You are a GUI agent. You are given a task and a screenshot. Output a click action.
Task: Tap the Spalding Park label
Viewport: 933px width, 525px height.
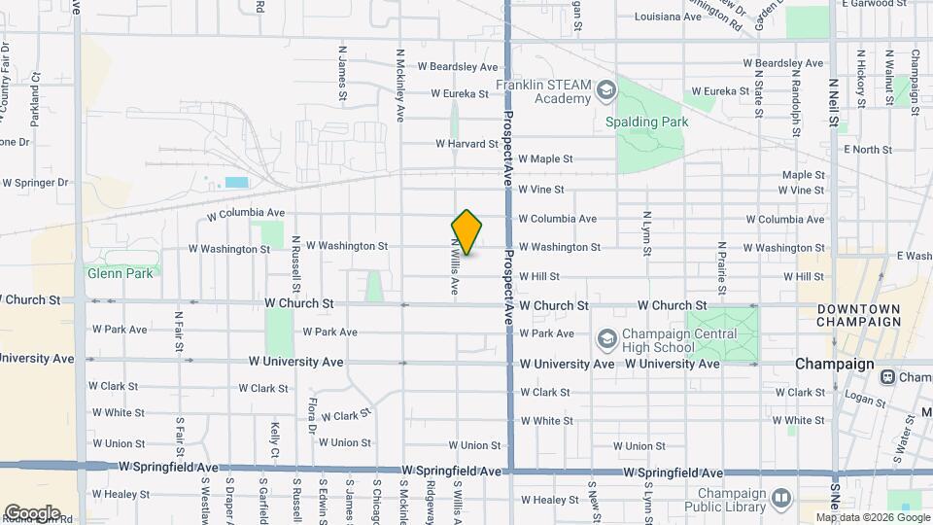coord(646,122)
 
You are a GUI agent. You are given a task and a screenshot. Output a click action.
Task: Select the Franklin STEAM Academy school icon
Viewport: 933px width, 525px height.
coord(606,91)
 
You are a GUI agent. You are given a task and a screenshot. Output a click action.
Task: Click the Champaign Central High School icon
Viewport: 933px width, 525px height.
coord(606,339)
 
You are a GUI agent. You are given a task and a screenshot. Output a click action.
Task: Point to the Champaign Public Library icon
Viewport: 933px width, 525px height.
coord(782,500)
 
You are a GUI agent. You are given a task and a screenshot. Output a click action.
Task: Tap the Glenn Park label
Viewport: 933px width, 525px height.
coord(120,274)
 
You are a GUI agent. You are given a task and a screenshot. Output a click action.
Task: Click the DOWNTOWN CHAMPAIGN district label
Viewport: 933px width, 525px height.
coord(858,315)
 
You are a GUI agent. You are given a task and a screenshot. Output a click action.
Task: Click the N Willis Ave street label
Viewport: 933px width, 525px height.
coord(454,265)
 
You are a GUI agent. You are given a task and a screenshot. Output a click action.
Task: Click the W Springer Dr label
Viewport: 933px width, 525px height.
coord(36,183)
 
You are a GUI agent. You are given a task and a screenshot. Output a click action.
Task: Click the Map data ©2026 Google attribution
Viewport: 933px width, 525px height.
coord(872,516)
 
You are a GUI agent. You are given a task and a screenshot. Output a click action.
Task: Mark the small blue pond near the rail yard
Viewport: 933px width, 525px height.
coord(236,182)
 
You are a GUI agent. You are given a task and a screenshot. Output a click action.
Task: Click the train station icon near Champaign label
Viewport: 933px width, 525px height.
coord(887,377)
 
